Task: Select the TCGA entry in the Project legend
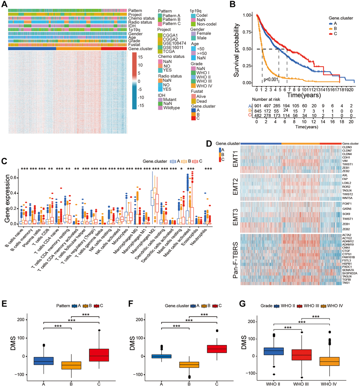[x=168, y=51]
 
